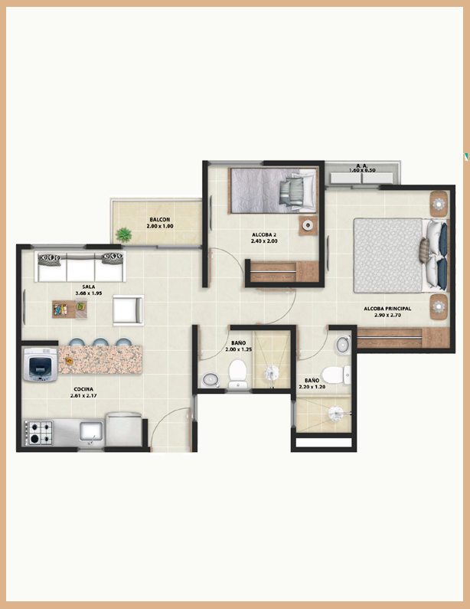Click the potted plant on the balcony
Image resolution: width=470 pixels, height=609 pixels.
[124, 234]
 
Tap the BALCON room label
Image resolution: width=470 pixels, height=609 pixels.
[160, 219]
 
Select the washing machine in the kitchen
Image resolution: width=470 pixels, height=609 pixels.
[41, 365]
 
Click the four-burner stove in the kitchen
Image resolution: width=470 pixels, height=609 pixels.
[39, 433]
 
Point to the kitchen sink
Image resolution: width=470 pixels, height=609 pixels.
[91, 432]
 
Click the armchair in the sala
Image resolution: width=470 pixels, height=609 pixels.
[128, 310]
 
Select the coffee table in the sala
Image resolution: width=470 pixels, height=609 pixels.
[70, 309]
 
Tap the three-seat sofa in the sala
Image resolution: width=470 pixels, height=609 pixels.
[80, 267]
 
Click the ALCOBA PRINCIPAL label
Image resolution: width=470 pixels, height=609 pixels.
[387, 309]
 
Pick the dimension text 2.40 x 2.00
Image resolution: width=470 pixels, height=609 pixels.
[264, 241]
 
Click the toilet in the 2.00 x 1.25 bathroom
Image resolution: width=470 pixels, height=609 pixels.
[237, 375]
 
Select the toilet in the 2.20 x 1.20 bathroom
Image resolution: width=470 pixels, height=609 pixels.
[336, 375]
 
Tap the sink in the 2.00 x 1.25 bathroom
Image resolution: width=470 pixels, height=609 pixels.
[210, 380]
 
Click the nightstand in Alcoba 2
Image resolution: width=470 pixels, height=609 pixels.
[308, 225]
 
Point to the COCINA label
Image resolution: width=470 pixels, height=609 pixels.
[83, 389]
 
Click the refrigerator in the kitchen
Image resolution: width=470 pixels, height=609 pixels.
[124, 429]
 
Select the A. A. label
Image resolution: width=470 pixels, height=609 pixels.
[362, 165]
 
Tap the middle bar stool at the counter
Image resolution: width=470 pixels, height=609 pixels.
[100, 342]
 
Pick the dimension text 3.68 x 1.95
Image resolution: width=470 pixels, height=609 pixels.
[89, 293]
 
